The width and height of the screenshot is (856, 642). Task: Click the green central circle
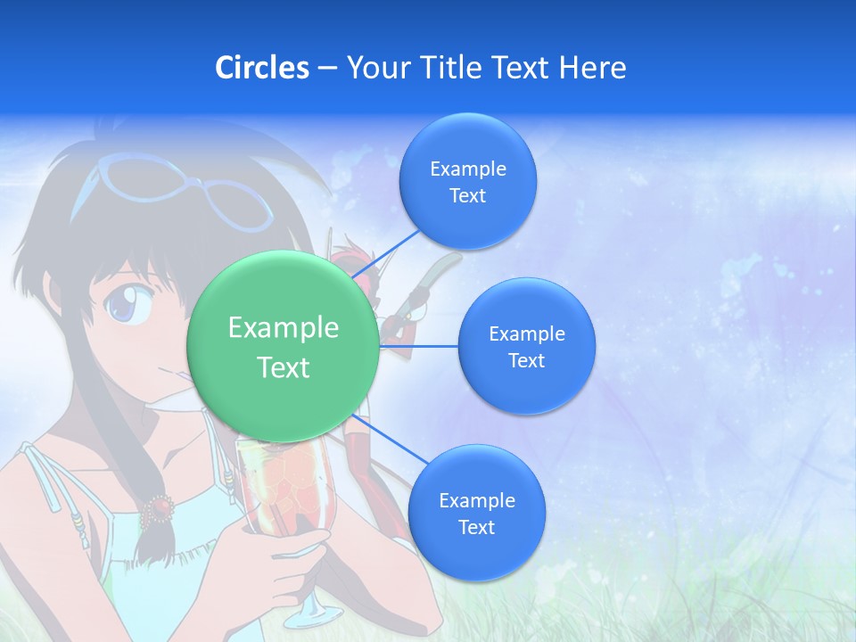pos(284,347)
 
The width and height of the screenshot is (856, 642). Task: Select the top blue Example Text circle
pos(467,181)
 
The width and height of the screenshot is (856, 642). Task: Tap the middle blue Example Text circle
pos(526,346)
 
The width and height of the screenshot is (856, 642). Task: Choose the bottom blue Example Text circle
pos(476,513)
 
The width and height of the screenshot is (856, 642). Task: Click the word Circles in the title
pos(262,67)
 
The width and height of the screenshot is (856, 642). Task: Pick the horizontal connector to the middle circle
pos(418,346)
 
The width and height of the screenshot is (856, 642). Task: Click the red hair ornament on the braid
pos(160,507)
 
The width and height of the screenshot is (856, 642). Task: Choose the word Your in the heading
pos(375,67)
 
